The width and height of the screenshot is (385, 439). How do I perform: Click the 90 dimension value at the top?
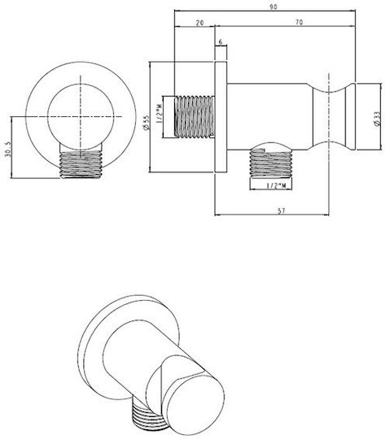[273, 7]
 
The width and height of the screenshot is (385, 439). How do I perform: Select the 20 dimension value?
[199, 23]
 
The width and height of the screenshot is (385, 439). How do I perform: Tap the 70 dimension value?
[300, 22]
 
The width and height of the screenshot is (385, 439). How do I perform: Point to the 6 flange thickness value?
[221, 42]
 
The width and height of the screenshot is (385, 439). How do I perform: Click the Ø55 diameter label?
[146, 123]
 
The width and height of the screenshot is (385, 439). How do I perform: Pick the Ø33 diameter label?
[377, 119]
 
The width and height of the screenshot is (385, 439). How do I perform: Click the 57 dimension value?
[282, 211]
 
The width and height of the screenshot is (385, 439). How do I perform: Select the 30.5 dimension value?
[8, 149]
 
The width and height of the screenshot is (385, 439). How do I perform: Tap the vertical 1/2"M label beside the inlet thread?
[160, 113]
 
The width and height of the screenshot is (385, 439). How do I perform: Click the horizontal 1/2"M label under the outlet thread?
[276, 185]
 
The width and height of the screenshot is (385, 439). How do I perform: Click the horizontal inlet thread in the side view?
[195, 116]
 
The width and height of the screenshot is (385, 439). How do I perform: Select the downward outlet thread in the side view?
[270, 163]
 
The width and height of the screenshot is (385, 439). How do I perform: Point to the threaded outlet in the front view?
[81, 164]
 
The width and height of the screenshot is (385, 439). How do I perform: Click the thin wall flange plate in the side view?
[221, 117]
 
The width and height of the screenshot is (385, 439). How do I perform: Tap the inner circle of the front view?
[81, 117]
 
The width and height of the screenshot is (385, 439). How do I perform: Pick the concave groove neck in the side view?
[329, 116]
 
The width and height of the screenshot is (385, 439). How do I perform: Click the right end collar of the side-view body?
[351, 116]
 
